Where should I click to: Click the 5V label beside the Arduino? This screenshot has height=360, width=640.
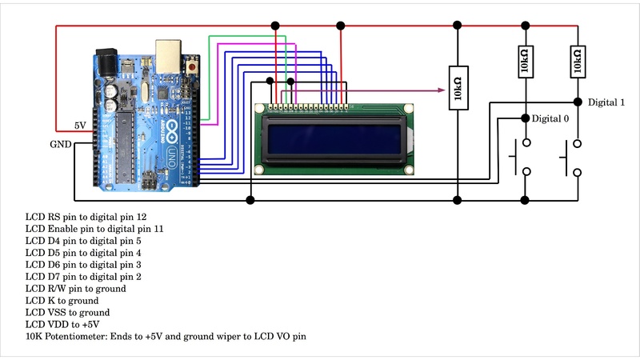tap(80, 126)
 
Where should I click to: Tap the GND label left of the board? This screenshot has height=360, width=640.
tap(61, 145)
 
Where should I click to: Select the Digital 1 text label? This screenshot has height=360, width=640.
tap(606, 102)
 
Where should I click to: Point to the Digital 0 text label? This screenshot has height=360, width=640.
tap(550, 118)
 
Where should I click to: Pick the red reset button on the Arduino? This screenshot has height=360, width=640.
tap(194, 70)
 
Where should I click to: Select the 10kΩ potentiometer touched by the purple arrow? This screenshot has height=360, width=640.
tap(457, 90)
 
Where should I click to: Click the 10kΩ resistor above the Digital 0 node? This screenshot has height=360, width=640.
tap(525, 62)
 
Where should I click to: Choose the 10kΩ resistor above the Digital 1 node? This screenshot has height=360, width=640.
tap(578, 62)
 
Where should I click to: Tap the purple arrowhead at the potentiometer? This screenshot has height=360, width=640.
tap(441, 90)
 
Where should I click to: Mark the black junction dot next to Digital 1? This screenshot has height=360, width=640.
tap(578, 102)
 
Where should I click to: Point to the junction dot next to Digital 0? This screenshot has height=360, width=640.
tap(525, 118)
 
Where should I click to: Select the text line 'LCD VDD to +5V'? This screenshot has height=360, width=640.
tap(62, 324)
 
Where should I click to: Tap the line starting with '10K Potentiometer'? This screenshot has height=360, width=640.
tap(166, 336)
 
